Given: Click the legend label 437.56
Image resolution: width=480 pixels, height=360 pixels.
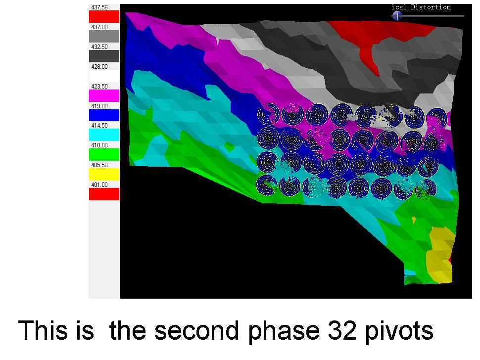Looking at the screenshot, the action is click(99, 7).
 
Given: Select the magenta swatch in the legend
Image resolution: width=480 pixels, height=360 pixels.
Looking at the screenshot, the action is click(104, 96).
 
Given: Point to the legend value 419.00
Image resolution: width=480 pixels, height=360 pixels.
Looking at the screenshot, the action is click(99, 106).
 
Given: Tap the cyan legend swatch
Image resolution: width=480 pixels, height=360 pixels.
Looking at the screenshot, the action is click(104, 135).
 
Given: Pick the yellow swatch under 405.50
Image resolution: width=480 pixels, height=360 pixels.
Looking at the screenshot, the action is click(104, 175).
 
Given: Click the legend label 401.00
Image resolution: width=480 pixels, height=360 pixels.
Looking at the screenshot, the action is click(99, 185).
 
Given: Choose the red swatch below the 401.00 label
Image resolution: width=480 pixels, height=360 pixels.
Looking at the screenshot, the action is click(104, 194).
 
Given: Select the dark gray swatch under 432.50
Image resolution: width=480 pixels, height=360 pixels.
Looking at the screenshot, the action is click(104, 56).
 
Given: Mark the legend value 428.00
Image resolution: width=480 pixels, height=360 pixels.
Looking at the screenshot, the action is click(99, 67).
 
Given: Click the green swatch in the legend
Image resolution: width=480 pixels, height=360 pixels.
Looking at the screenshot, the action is click(104, 154).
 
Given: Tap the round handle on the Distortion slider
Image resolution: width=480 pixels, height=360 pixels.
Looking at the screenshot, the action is click(397, 16).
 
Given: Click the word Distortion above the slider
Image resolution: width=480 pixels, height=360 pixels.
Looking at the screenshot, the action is click(431, 7).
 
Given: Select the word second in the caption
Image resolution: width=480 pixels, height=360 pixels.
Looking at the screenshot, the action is click(196, 330).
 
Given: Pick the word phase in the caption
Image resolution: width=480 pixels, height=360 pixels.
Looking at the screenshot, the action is click(284, 331).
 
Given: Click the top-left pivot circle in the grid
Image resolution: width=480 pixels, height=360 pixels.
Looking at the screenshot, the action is click(269, 114).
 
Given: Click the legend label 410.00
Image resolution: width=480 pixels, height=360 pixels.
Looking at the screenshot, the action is click(99, 145).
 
